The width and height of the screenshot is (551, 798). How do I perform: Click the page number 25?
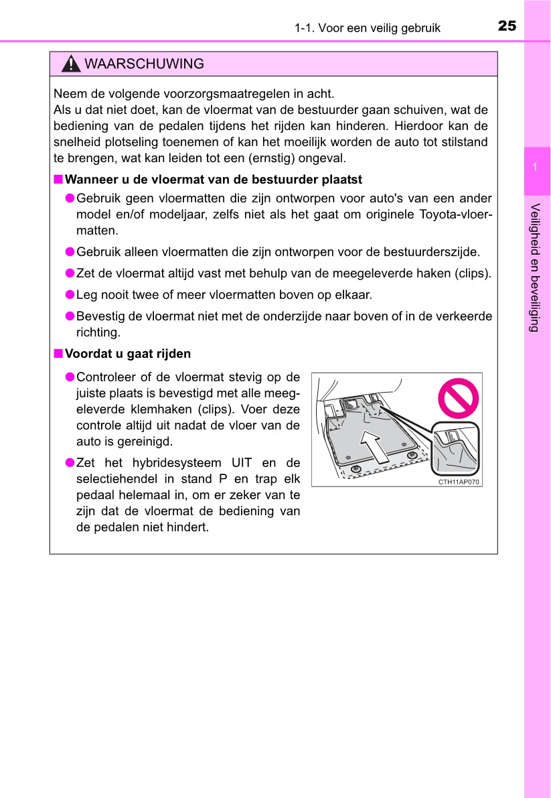(x=507, y=26)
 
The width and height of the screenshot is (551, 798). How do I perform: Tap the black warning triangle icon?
(x=70, y=64)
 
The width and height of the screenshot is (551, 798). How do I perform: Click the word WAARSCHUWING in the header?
(x=145, y=64)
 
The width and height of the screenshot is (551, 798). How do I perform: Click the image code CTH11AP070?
(x=459, y=482)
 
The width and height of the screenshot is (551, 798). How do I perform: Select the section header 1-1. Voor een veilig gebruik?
(x=367, y=27)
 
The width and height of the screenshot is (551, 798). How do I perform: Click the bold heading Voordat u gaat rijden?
(x=128, y=354)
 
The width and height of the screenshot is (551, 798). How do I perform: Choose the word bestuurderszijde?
(x=436, y=252)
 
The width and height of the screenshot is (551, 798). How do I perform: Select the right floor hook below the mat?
(x=412, y=455)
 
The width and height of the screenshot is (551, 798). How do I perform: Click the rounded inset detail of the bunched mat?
(x=455, y=448)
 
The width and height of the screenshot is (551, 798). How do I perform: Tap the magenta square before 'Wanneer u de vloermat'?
(x=58, y=180)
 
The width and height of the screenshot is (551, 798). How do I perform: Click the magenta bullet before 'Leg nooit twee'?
(x=69, y=294)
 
